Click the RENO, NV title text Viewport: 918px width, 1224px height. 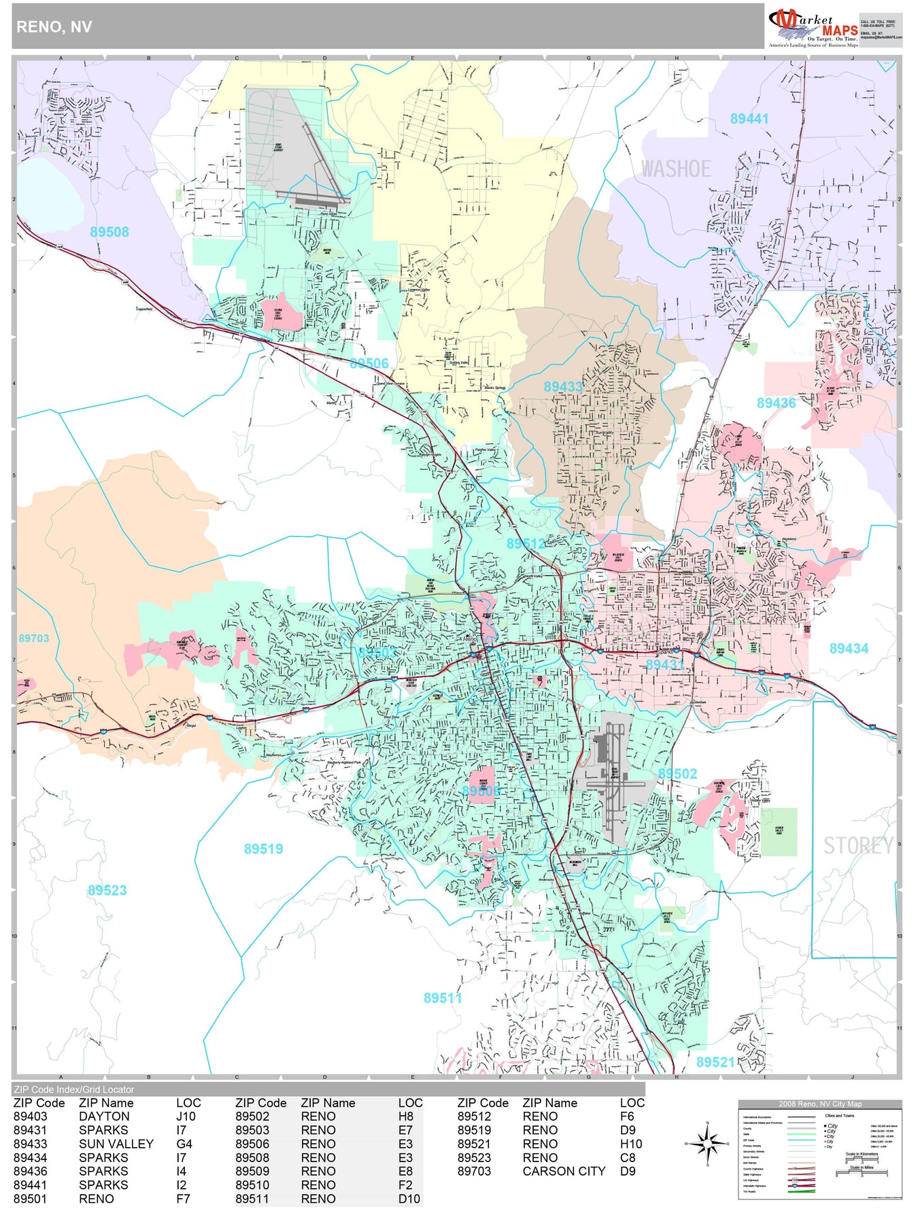tap(54, 27)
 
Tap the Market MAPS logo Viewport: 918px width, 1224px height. tap(813, 27)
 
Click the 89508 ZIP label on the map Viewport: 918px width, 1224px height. tap(109, 232)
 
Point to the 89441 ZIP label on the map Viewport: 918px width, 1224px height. tap(749, 119)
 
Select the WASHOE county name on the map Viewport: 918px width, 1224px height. tap(676, 169)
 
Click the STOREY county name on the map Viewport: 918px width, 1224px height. tap(858, 846)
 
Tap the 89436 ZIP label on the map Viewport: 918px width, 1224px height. tap(777, 403)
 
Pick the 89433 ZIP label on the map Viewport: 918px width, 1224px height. tap(563, 387)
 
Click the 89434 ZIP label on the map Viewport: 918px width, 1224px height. tap(849, 649)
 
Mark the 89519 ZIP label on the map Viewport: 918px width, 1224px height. tap(263, 849)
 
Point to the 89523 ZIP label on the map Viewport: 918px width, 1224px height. tap(107, 891)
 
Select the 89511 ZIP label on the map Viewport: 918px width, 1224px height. tap(443, 998)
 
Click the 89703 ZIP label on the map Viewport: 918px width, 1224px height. tap(34, 639)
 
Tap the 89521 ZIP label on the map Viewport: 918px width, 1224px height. tap(715, 1062)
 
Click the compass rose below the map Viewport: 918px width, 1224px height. tap(708, 1144)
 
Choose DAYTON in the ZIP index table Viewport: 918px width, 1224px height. tap(104, 1117)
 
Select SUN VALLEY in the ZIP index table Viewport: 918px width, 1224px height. tap(116, 1144)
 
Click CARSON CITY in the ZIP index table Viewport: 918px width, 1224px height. tap(564, 1171)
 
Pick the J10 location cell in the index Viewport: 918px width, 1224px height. tap(186, 1117)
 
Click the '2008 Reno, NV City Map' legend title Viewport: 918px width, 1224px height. tap(820, 1104)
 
